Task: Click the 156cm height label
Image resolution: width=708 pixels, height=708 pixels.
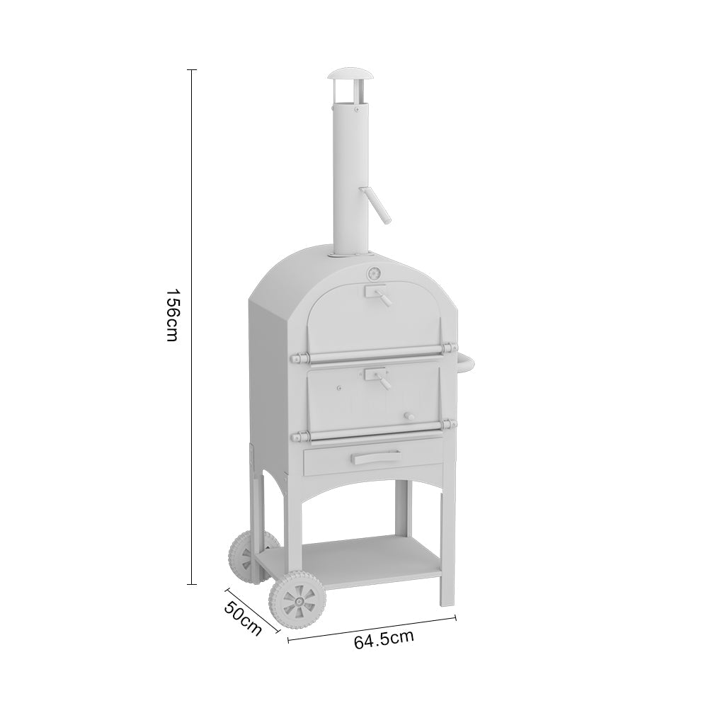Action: pos(172,314)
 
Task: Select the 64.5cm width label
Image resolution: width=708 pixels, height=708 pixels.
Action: pos(384,639)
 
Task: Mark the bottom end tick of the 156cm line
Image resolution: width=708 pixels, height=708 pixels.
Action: pos(191,584)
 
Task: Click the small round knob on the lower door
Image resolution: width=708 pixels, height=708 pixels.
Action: pos(407,416)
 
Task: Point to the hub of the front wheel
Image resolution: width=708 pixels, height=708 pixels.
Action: pos(297,603)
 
